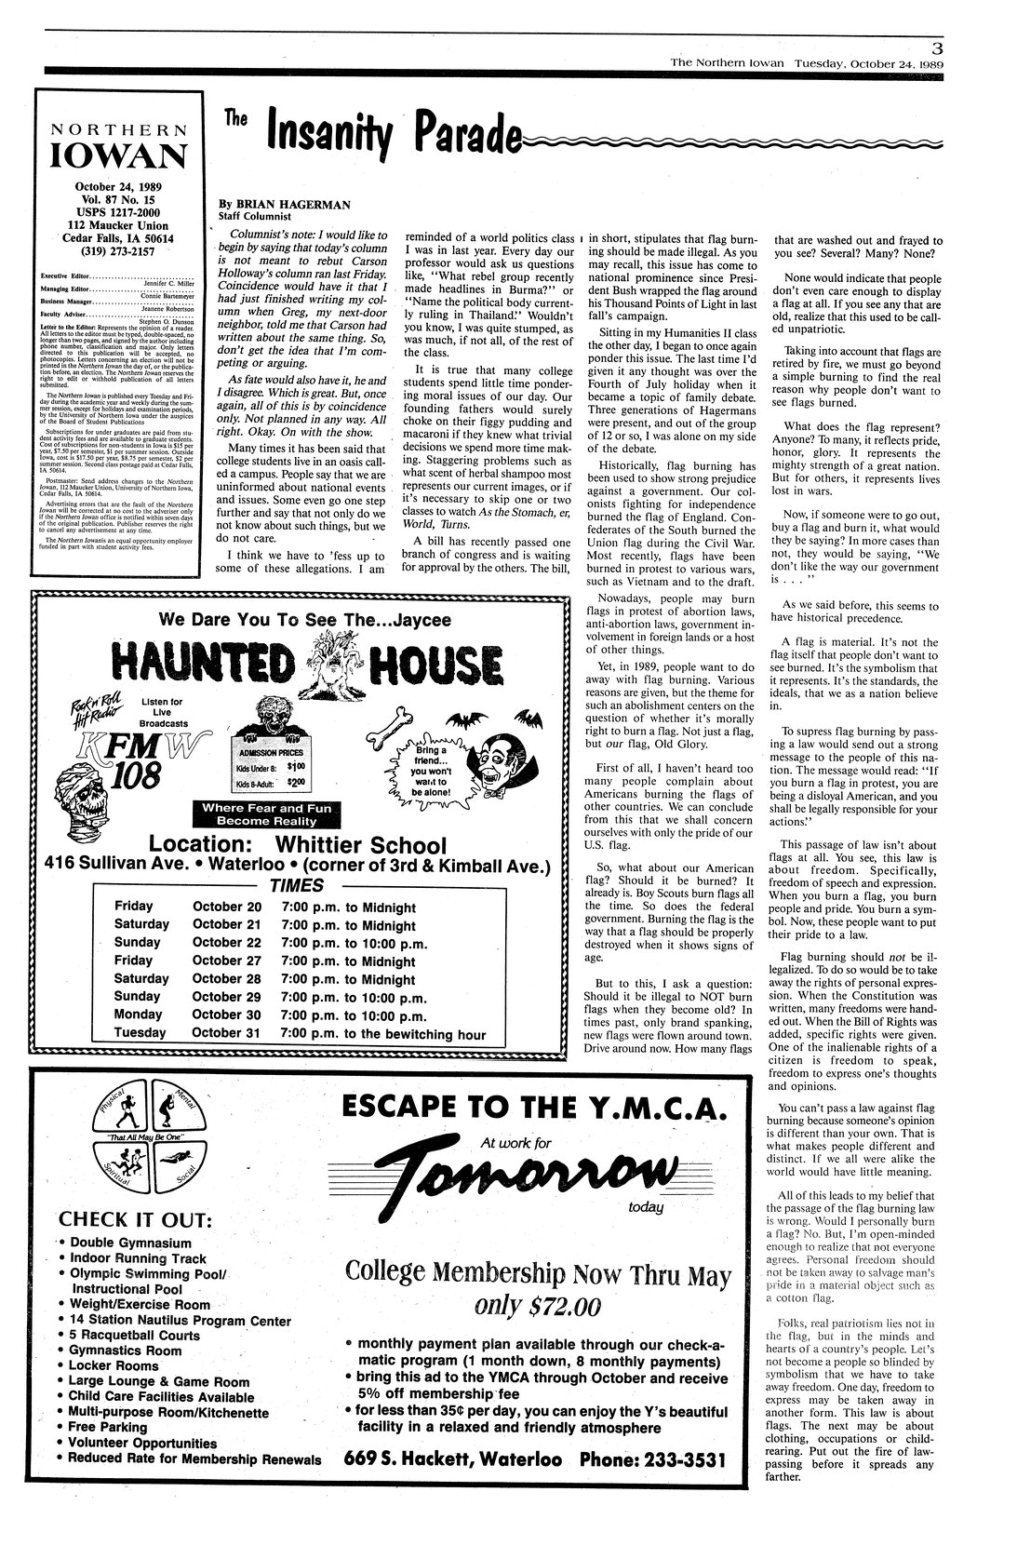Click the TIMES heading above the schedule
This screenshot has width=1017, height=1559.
pyautogui.click(x=295, y=885)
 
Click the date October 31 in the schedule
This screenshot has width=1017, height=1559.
pyautogui.click(x=227, y=1032)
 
